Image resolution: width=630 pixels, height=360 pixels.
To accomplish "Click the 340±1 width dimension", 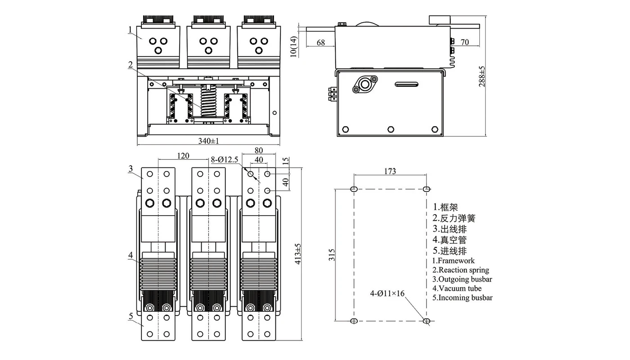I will [x=208, y=141].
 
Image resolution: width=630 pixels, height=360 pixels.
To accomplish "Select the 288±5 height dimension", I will [x=482, y=76].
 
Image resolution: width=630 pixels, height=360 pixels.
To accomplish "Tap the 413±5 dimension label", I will [x=297, y=255].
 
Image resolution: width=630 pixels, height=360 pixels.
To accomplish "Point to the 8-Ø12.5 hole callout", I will [x=225, y=159].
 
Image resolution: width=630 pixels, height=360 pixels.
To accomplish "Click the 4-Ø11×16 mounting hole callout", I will [x=387, y=294].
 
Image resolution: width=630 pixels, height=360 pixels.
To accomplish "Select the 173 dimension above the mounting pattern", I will [x=390, y=171].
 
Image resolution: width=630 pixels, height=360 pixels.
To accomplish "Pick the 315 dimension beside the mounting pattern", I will [x=332, y=255].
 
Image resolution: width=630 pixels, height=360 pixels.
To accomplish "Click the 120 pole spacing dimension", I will [x=183, y=156].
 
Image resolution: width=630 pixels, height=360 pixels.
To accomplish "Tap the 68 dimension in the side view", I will [x=320, y=43].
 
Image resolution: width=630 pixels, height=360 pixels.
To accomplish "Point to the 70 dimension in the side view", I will [x=465, y=42].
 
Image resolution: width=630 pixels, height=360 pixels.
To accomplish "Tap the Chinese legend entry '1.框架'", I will [x=445, y=207].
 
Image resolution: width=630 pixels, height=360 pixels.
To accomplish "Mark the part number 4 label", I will [x=130, y=256].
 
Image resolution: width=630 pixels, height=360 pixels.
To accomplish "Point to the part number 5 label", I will [x=130, y=316].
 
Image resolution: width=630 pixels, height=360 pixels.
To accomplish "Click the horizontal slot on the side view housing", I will [x=407, y=84].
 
